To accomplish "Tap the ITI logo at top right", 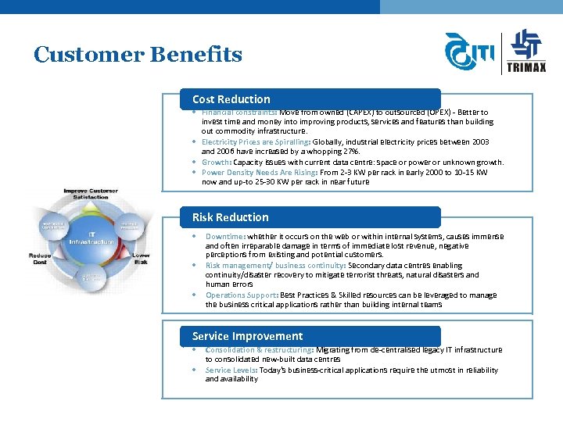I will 469,53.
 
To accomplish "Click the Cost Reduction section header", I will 231,99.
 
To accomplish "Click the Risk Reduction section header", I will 231,217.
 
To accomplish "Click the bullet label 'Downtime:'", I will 225,236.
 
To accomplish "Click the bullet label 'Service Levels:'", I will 231,370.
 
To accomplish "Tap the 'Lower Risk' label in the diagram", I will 142,259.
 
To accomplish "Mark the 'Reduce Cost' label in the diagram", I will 40,259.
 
